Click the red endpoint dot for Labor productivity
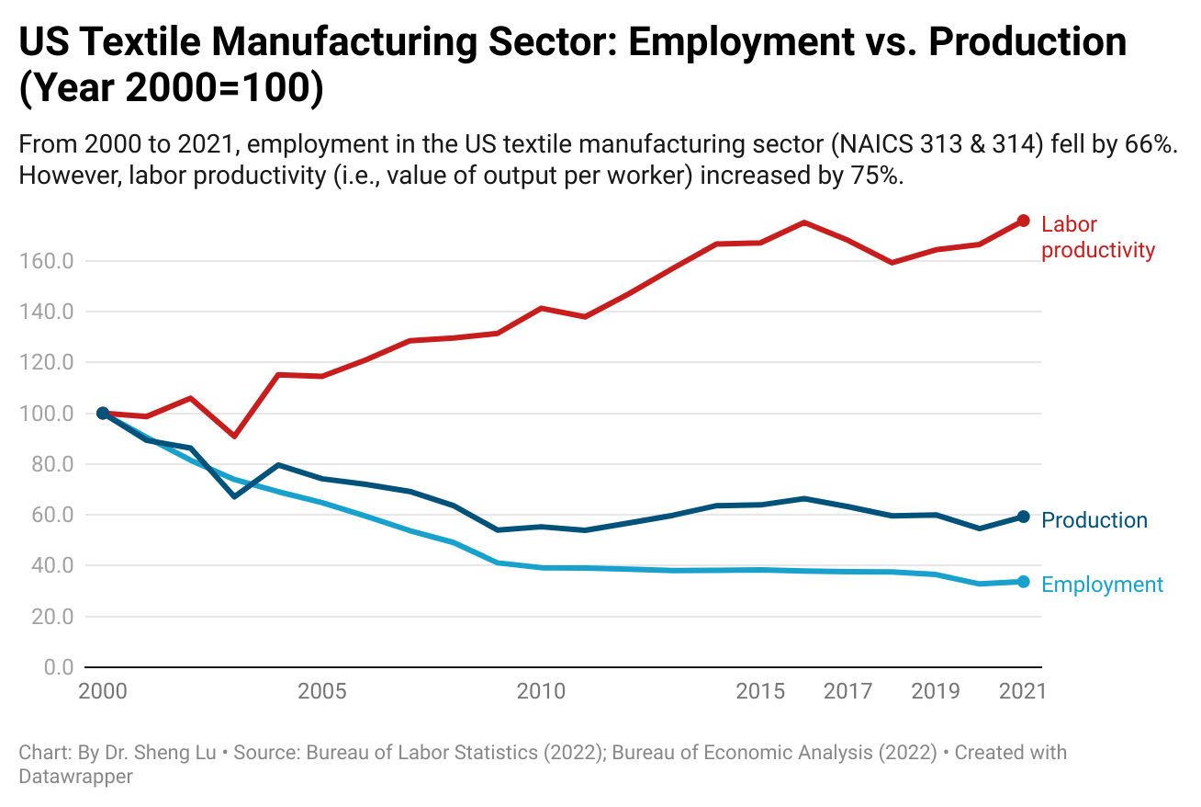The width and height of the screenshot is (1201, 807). (x=1024, y=222)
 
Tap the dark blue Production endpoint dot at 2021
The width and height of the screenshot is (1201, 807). (x=1024, y=517)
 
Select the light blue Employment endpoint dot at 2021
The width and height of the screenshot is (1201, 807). (x=1024, y=582)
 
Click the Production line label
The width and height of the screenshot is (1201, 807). (x=1094, y=520)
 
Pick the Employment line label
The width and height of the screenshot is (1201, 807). (x=1103, y=585)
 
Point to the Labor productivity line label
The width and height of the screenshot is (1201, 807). (x=1097, y=237)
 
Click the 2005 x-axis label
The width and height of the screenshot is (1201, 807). (x=321, y=691)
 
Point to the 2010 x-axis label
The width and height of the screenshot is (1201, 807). (x=541, y=691)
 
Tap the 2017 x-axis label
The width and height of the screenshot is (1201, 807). (x=847, y=691)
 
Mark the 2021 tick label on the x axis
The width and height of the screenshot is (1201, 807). (x=1022, y=691)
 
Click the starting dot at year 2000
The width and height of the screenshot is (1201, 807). (x=103, y=414)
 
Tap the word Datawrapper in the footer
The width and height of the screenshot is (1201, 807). (x=75, y=776)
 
